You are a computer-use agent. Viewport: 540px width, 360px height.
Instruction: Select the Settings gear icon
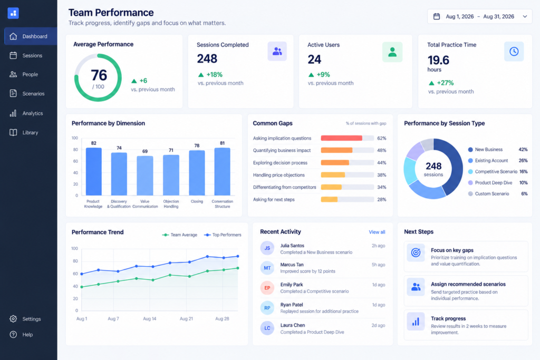13,319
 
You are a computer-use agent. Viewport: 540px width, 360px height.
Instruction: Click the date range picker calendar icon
436,16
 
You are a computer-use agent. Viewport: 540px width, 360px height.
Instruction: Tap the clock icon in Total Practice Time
514,52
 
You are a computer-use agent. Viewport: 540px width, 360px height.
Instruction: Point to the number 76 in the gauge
99,75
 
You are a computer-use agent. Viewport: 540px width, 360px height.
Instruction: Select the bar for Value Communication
145,176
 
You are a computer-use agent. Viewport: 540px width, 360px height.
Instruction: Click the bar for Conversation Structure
222,172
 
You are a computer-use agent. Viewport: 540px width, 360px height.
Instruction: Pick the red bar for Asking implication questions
341,138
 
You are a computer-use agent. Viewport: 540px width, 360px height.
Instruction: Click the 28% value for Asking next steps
382,200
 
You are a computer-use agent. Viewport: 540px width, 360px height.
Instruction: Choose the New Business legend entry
485,149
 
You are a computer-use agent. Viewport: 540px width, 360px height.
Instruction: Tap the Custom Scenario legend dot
470,194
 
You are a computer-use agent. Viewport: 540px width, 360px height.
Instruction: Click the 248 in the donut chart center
433,166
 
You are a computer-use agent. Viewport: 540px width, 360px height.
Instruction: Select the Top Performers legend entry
223,235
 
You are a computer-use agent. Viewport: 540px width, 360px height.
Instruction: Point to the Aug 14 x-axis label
149,319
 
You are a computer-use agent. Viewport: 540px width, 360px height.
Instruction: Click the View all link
377,232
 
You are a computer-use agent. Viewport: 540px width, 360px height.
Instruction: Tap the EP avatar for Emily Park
267,288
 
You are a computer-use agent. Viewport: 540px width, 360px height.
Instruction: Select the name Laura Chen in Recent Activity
292,325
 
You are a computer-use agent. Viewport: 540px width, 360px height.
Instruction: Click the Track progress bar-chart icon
416,322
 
